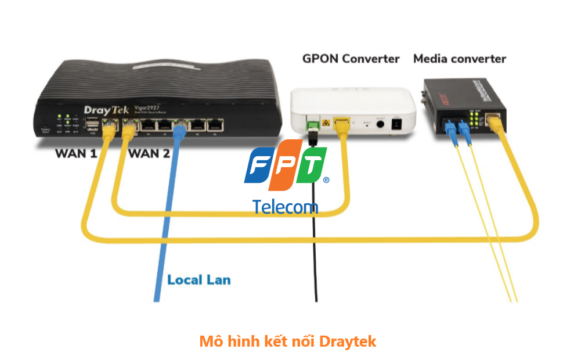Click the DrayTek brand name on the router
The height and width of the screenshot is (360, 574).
(x=103, y=110)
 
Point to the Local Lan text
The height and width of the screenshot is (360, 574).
(x=198, y=280)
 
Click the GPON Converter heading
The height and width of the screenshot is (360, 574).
(x=351, y=59)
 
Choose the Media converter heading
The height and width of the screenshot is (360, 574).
(x=459, y=59)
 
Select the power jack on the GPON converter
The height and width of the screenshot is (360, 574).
(x=397, y=124)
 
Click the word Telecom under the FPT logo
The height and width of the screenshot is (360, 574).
(x=285, y=206)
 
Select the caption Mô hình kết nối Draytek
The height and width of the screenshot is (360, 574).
(x=287, y=341)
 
